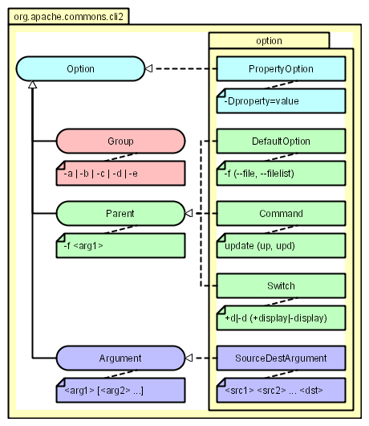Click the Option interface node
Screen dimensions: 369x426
[x=80, y=69]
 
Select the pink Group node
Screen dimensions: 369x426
[x=120, y=141]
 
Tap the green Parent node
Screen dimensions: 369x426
[x=120, y=213]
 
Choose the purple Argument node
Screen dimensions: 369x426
[x=120, y=358]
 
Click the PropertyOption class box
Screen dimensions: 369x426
[x=281, y=69]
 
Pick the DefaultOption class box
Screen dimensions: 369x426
[x=281, y=141]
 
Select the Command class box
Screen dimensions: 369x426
[x=281, y=213]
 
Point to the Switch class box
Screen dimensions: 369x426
[x=281, y=286]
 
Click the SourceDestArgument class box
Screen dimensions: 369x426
[x=281, y=358]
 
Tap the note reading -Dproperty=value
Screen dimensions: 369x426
[x=281, y=100]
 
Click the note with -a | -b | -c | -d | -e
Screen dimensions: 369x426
[x=120, y=173]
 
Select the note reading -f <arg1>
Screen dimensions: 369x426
[x=120, y=246]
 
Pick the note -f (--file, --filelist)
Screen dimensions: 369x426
[x=281, y=173]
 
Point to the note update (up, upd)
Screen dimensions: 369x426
[x=281, y=246]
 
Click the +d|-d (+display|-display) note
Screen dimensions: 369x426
[x=281, y=317]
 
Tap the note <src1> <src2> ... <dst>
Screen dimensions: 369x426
[x=281, y=390]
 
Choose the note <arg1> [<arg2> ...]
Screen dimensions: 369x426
[x=120, y=390]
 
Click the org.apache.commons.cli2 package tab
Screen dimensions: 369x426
[x=69, y=17]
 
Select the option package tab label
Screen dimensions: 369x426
[x=270, y=41]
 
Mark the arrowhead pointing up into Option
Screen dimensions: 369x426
[x=33, y=84]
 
